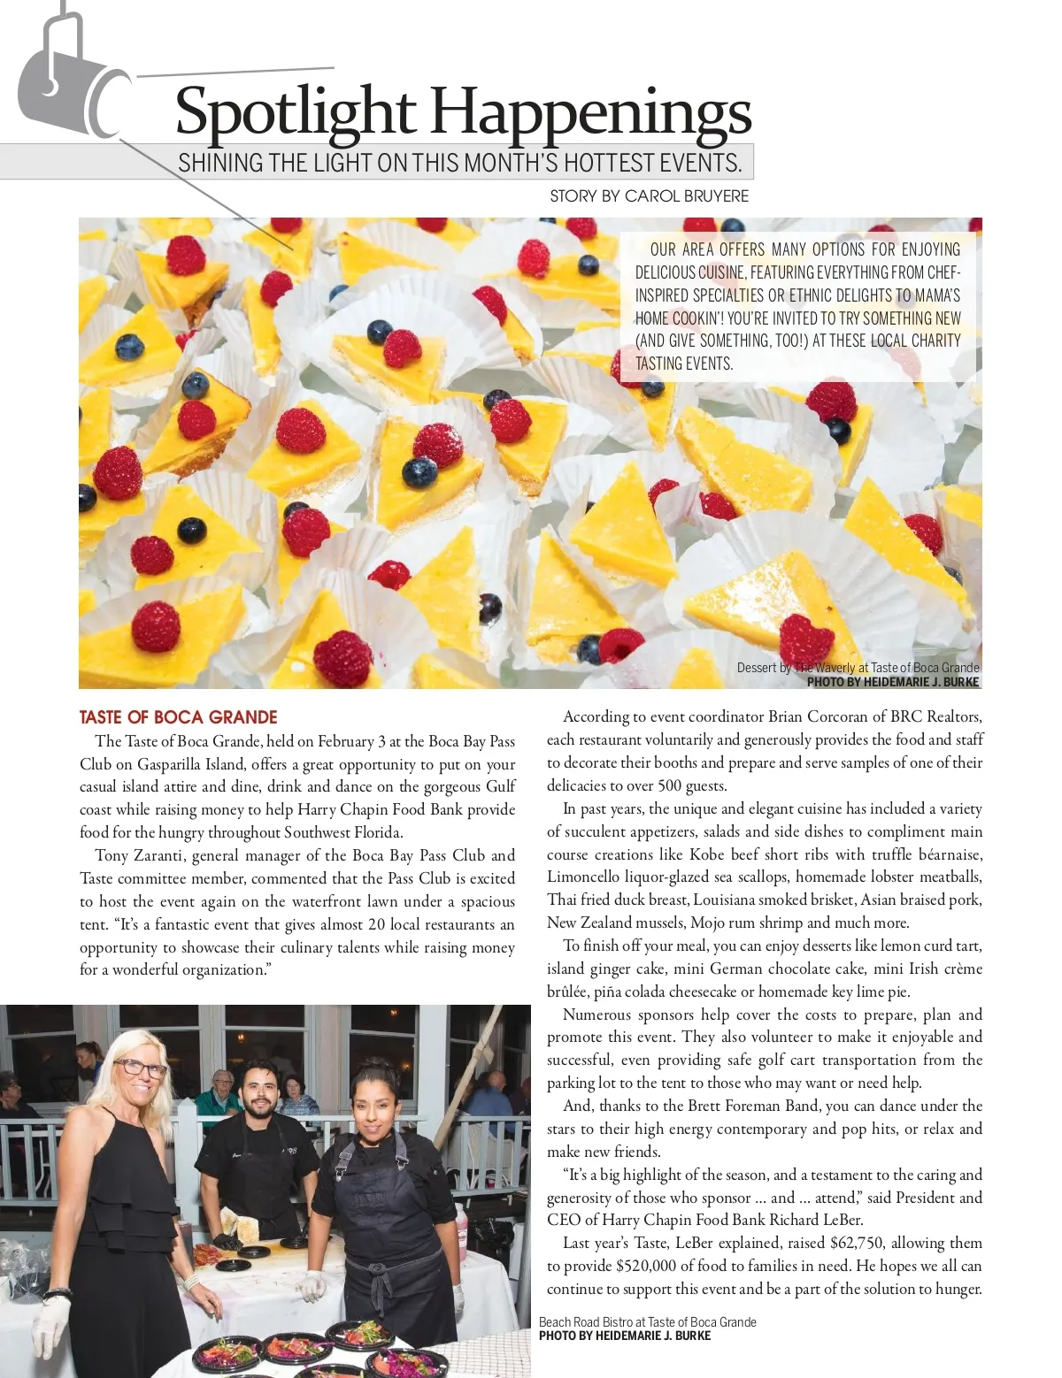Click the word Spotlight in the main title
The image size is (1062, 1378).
[295, 113]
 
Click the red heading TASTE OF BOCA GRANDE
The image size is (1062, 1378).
[178, 717]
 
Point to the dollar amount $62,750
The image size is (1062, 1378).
[857, 1243]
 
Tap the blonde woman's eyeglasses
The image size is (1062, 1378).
[140, 1067]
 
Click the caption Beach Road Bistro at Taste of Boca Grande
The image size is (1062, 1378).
[647, 1321]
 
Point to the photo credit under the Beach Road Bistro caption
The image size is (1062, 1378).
[624, 1336]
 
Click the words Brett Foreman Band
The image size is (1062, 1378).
[743, 1106]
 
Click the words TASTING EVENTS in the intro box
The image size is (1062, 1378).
[684, 364]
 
